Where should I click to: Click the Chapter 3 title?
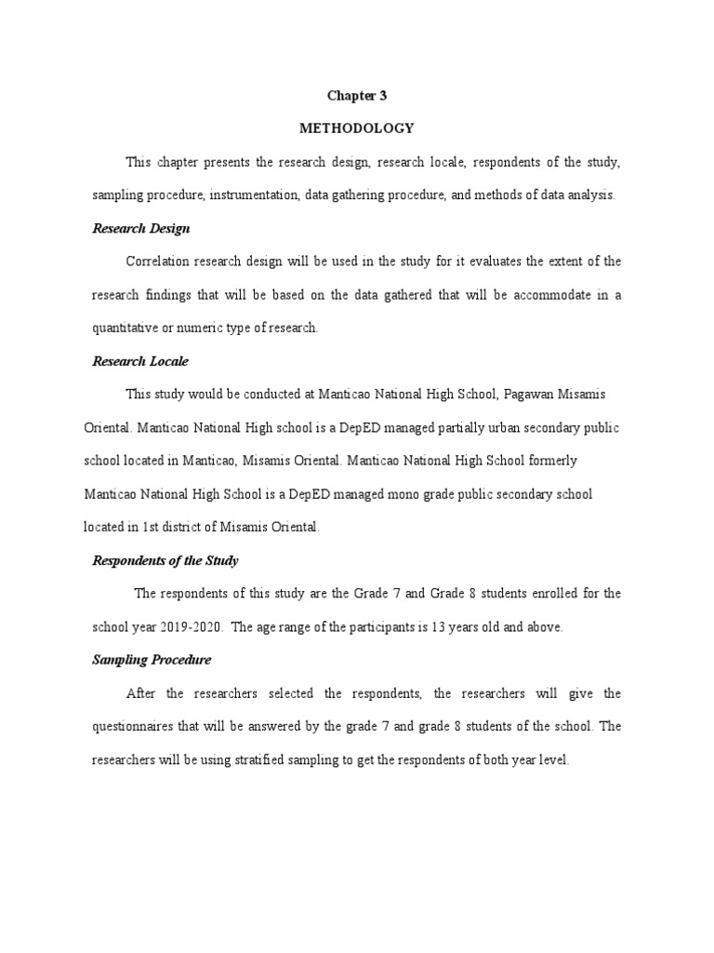(356, 95)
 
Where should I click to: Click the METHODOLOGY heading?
(356, 128)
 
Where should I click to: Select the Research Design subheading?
(141, 228)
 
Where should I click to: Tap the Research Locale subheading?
(140, 361)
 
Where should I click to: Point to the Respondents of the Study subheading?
(165, 560)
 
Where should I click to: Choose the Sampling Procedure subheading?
(152, 660)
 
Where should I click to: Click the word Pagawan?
(533, 395)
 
